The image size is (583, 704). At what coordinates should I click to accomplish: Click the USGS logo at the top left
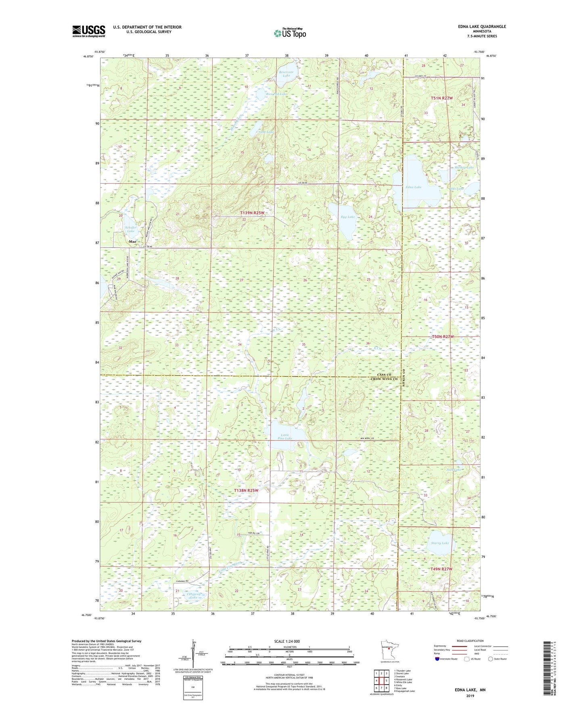coord(89,31)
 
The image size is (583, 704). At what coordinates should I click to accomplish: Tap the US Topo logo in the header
coord(289,33)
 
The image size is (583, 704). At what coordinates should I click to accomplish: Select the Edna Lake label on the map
coord(414,187)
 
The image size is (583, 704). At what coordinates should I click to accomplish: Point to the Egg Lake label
coord(348,217)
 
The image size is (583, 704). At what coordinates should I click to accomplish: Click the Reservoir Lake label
coord(286,74)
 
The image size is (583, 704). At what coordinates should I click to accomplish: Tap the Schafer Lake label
coord(131,229)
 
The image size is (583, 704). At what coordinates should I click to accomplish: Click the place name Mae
coord(132,242)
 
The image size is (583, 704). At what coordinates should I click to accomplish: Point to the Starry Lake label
coord(440,543)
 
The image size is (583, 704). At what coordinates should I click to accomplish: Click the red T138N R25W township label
coord(246,490)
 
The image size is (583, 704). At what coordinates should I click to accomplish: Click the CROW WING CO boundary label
coord(384,379)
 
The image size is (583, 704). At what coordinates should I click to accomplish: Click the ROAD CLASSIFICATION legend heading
coord(470,641)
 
